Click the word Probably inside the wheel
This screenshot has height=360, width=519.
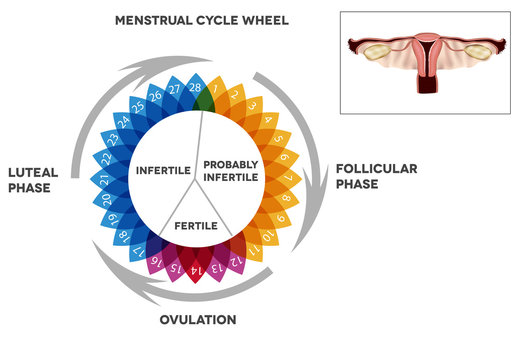click(x=232, y=163)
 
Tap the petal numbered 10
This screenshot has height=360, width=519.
click(x=269, y=235)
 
